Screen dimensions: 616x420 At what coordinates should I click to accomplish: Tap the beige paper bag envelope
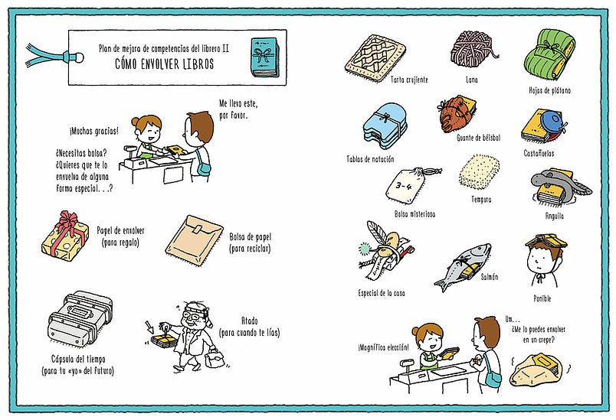pos(194,240)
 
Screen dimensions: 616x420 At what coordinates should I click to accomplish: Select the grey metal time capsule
pos(80,318)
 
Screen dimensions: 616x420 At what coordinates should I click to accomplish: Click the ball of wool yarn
pos(473,50)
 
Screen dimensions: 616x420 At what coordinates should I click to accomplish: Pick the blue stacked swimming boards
pos(384,126)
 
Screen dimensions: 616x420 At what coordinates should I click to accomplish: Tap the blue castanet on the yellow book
pos(552,123)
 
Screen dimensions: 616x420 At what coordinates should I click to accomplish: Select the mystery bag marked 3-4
pos(411,185)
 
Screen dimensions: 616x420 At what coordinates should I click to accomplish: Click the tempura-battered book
pos(479,173)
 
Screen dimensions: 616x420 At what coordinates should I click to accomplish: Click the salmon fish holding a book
pos(464,267)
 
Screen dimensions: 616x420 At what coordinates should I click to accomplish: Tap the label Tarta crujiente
pos(409,80)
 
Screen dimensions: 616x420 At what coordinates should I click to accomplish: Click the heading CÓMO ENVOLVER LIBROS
pos(165,64)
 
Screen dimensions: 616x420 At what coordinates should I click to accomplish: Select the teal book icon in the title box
pos(265,57)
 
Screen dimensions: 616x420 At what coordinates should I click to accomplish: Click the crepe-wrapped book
pos(536,370)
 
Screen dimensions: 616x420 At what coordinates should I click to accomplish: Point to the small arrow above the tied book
pos(149,327)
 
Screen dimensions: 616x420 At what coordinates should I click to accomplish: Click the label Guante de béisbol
pos(479,138)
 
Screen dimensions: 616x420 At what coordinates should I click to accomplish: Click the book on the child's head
pos(546,239)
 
